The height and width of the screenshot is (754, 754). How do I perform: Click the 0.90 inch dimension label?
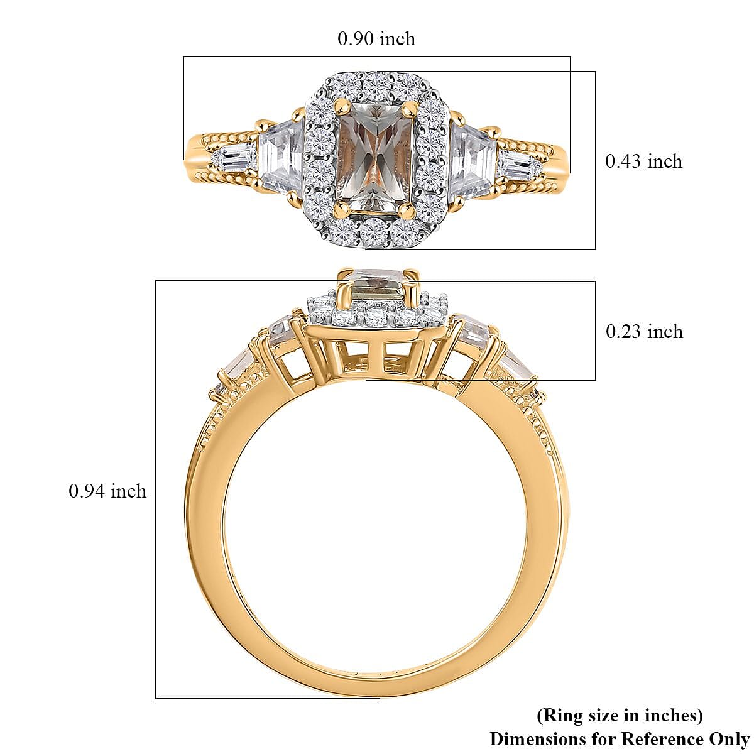[376, 39]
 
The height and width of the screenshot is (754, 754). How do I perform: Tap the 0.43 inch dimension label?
[643, 161]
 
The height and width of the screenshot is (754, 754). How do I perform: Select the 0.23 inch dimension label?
[644, 331]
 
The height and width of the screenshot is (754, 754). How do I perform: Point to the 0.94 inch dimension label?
[107, 491]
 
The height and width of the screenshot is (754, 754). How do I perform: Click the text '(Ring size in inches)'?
[619, 715]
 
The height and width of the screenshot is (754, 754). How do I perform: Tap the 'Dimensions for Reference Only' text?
[619, 738]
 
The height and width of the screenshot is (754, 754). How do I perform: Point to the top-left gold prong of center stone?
[341, 104]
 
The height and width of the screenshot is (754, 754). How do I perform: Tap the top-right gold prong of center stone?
[413, 106]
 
